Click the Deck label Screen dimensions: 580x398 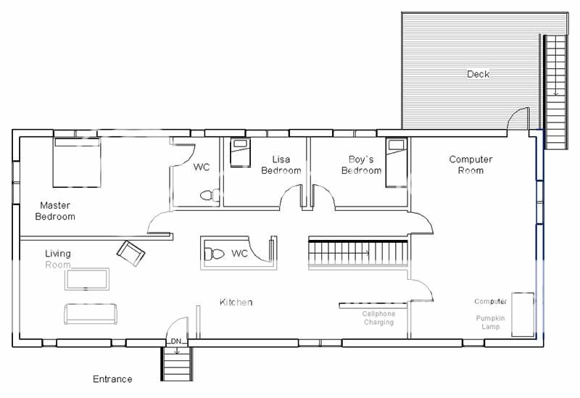(478, 74)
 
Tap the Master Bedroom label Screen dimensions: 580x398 (55, 211)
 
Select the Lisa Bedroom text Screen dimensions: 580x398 (281, 165)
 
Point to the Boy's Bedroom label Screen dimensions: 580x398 (361, 165)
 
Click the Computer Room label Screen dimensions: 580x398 (471, 165)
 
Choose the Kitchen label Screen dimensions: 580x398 (236, 302)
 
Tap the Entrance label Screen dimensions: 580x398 (112, 379)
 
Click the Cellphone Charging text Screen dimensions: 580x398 (378, 318)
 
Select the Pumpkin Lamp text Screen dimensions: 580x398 (491, 322)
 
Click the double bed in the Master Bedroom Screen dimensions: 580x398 (77, 162)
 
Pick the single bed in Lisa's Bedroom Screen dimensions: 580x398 (241, 152)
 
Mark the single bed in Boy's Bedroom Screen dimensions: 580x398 (397, 162)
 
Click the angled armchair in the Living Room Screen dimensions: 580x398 (130, 254)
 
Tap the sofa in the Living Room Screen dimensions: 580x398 (91, 315)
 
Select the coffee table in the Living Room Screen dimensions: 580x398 (87, 279)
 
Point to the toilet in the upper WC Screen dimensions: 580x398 (210, 195)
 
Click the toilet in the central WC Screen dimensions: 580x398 (214, 254)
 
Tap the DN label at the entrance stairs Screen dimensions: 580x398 (176, 341)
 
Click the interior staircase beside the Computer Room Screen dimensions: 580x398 (358, 254)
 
